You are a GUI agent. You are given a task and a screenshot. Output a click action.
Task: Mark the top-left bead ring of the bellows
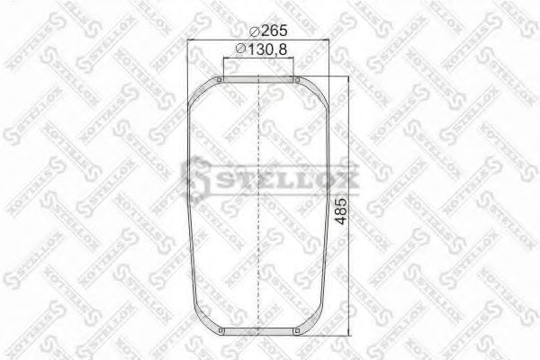[x=219, y=83]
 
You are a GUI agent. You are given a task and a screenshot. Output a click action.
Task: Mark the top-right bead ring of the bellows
[x=298, y=83]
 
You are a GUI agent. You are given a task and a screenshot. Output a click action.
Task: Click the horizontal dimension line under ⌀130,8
[x=259, y=59]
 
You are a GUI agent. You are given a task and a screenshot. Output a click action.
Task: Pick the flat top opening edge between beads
[x=259, y=79]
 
